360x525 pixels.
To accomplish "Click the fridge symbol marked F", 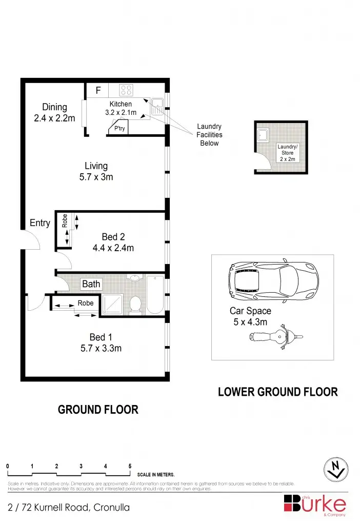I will point(98,91).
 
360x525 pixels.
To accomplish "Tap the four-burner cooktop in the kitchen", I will point(126,91).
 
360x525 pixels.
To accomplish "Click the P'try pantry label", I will point(119,128).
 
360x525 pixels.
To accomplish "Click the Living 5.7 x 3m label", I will point(96,171).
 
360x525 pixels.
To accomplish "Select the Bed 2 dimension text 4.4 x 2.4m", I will point(113,248).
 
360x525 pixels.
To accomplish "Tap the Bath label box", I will point(91,284).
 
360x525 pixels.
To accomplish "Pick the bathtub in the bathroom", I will point(155,295).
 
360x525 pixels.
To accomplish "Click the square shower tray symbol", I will point(112,304).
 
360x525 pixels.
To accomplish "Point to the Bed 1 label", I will point(101,337).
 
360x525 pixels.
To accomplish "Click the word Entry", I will point(40,223).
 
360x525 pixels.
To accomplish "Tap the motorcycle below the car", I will point(275,337).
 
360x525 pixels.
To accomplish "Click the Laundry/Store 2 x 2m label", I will point(287,153).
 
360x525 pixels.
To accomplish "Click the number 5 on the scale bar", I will point(130,466).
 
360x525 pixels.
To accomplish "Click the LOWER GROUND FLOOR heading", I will point(278,392).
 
